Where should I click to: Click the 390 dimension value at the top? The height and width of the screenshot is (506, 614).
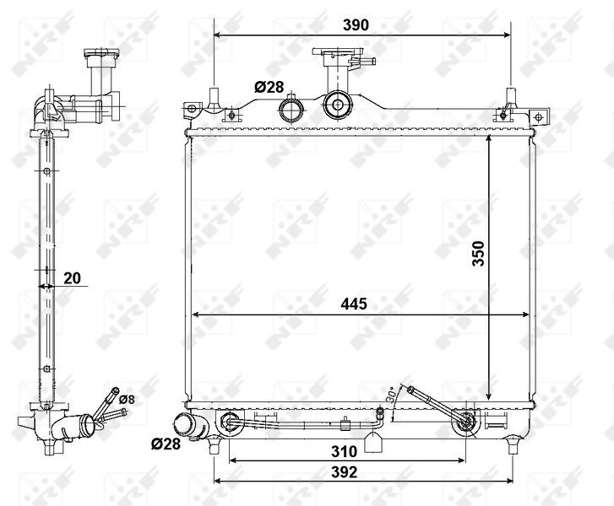(x=356, y=25)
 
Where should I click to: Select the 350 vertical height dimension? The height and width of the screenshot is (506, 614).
(x=477, y=254)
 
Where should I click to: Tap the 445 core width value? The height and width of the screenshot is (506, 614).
(x=355, y=304)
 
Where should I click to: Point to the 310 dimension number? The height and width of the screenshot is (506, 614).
(x=342, y=451)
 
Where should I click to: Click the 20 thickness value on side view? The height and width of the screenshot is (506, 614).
(x=73, y=277)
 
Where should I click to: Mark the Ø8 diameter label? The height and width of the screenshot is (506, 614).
(x=127, y=398)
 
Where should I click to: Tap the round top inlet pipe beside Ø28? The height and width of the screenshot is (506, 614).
(x=291, y=110)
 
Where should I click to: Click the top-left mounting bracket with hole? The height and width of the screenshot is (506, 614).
(x=192, y=109)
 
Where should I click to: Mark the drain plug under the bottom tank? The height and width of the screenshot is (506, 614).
(x=372, y=440)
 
